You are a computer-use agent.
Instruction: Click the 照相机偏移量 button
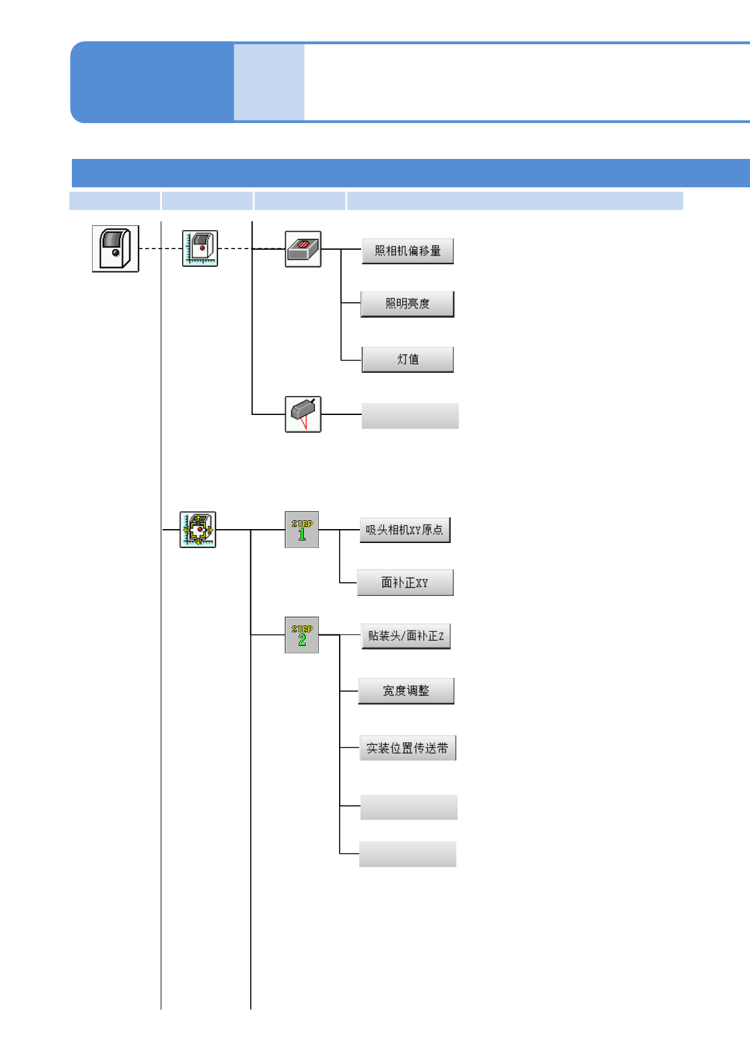point(408,251)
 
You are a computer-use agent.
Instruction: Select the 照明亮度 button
point(407,304)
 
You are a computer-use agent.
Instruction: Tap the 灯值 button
point(408,359)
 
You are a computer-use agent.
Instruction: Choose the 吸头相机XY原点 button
point(405,530)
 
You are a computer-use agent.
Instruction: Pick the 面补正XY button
point(405,583)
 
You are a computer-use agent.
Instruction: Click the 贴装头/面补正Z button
point(406,636)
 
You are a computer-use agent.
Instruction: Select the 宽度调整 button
point(406,691)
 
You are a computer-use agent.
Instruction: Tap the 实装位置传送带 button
point(407,748)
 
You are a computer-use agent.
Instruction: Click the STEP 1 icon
point(302,530)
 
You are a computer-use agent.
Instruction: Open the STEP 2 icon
point(302,635)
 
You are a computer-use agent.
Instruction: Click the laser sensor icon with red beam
point(303,414)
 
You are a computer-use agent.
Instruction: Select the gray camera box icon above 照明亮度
point(303,249)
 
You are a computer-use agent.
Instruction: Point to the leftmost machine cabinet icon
point(115,248)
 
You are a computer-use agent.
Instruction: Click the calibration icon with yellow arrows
point(198,530)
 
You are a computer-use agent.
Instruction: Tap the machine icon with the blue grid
point(200,248)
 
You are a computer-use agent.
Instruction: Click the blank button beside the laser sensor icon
point(410,416)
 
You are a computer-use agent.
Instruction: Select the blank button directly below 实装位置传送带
point(409,807)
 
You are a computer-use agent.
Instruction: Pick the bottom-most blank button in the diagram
point(408,854)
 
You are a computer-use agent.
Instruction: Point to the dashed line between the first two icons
point(160,248)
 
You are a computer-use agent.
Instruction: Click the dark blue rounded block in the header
point(151,82)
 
